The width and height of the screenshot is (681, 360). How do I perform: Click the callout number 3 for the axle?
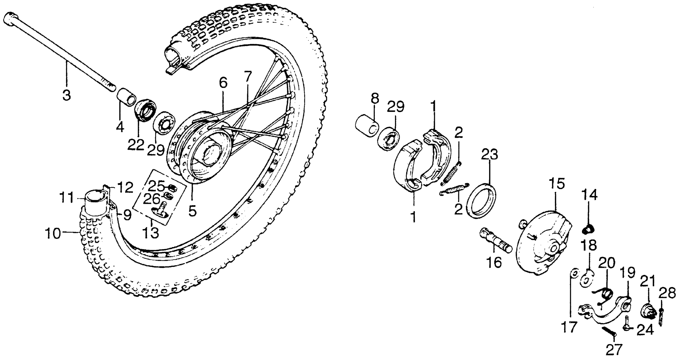click(x=67, y=94)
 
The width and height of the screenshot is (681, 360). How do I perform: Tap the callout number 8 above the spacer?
click(x=375, y=99)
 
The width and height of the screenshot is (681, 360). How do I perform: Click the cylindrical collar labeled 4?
click(x=126, y=97)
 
